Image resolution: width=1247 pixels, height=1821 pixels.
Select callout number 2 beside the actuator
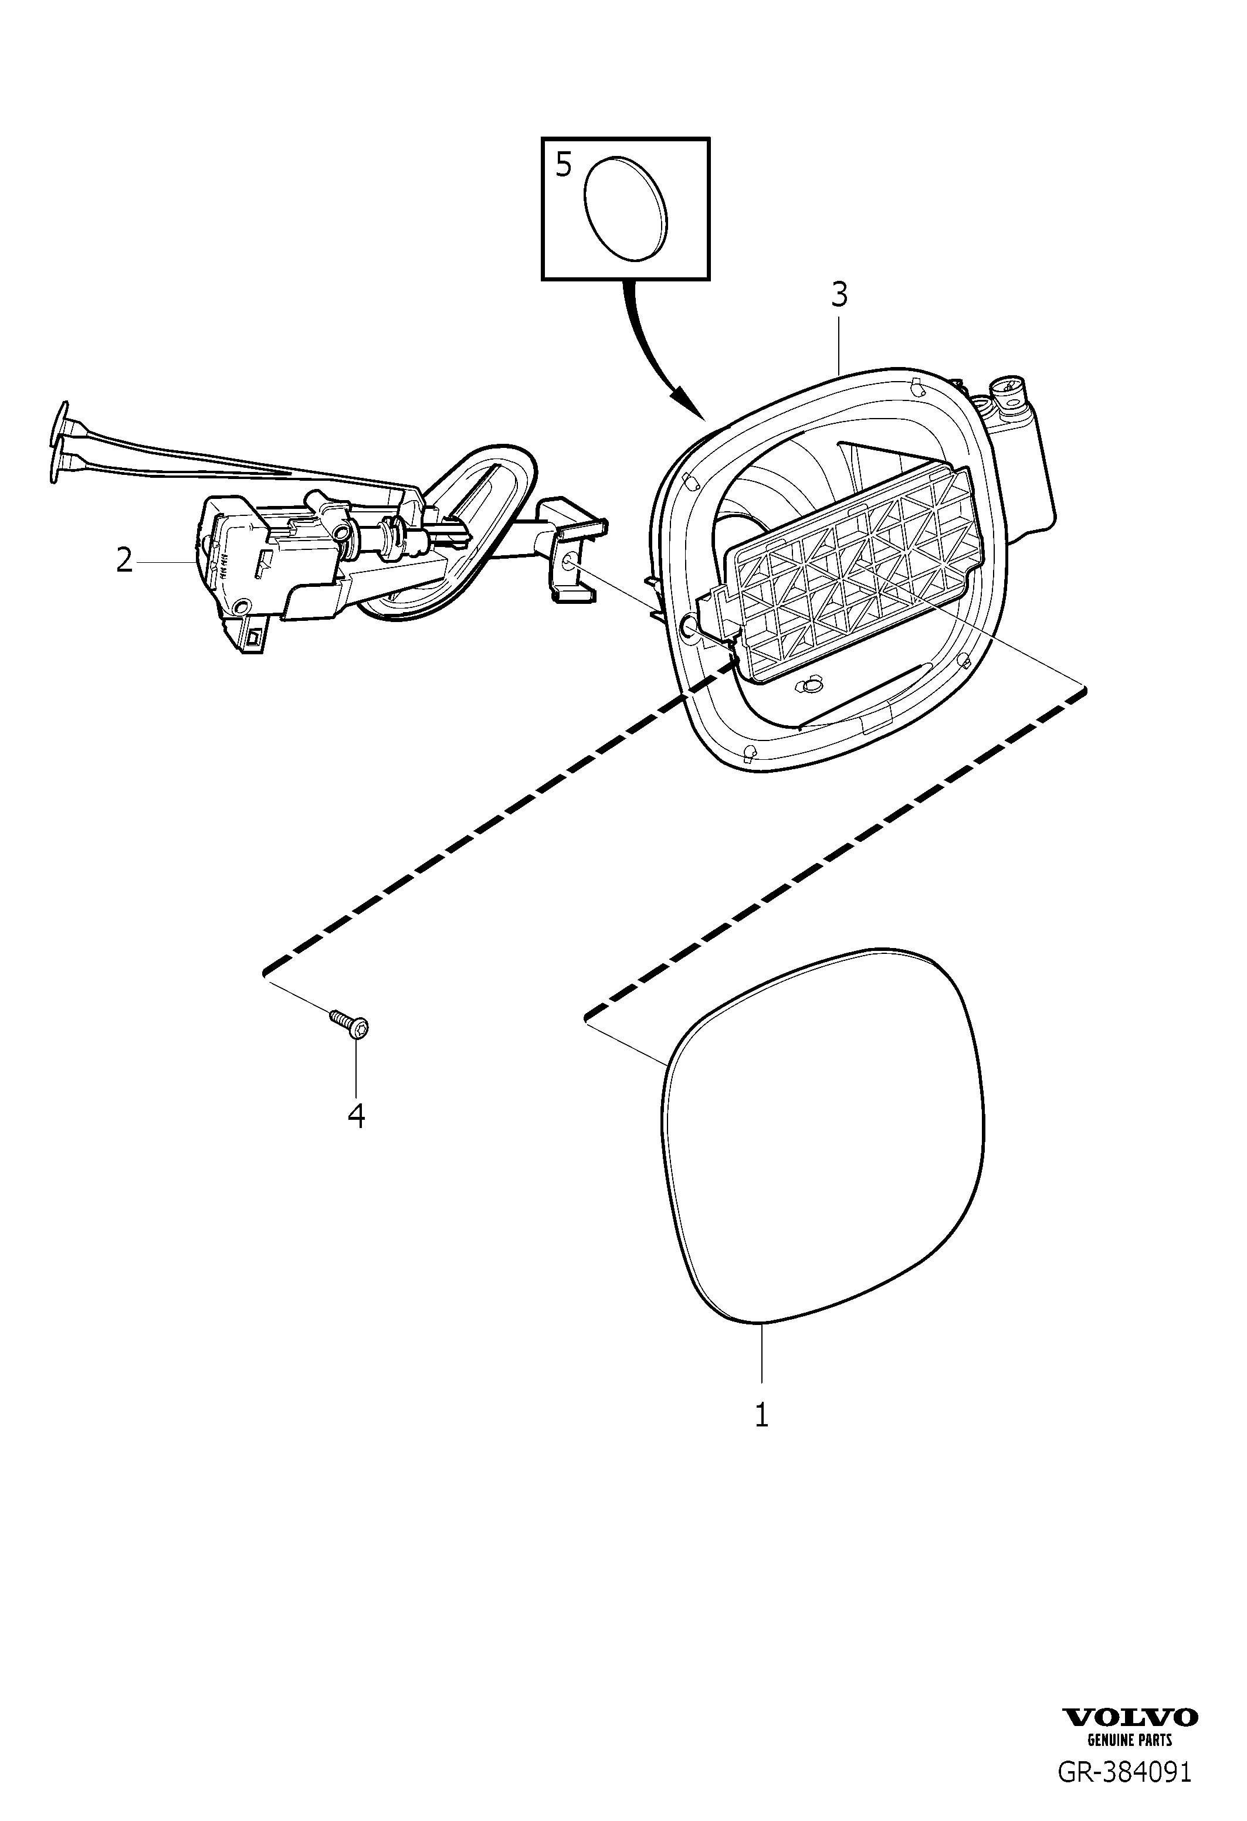pos(124,560)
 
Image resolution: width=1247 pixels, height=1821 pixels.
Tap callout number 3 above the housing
pos(839,295)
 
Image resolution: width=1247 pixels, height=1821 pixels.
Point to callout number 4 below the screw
pos(357,1116)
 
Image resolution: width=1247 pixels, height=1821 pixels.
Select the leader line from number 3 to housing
pos(839,342)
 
